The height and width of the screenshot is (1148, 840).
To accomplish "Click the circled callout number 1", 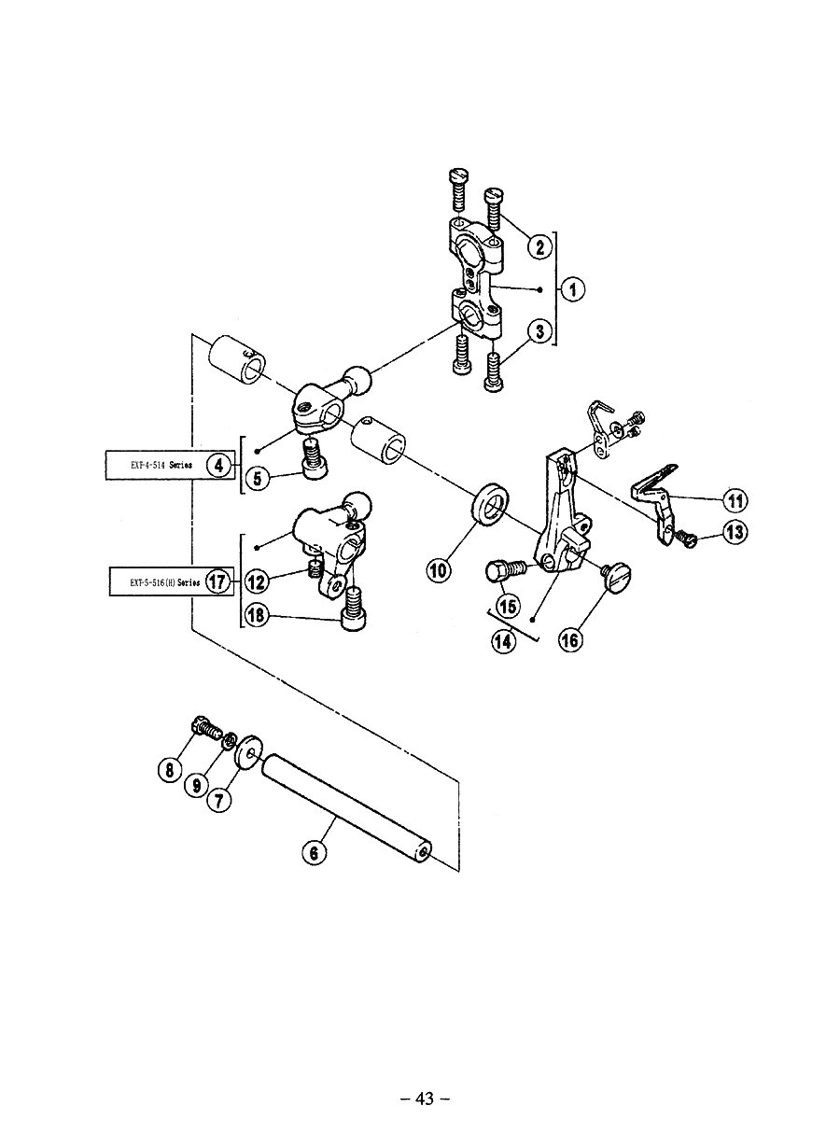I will coord(573,289).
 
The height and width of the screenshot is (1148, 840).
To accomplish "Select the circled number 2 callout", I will coord(538,246).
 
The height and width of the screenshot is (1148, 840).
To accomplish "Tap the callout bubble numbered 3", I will coord(538,329).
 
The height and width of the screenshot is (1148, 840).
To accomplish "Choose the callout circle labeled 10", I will coord(440,568).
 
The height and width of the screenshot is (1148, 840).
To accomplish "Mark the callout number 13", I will coord(735,533).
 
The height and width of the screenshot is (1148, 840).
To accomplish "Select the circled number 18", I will coord(258,614).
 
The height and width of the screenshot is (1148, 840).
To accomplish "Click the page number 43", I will coord(425,1099).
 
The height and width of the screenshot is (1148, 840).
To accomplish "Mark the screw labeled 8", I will coord(204,724).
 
